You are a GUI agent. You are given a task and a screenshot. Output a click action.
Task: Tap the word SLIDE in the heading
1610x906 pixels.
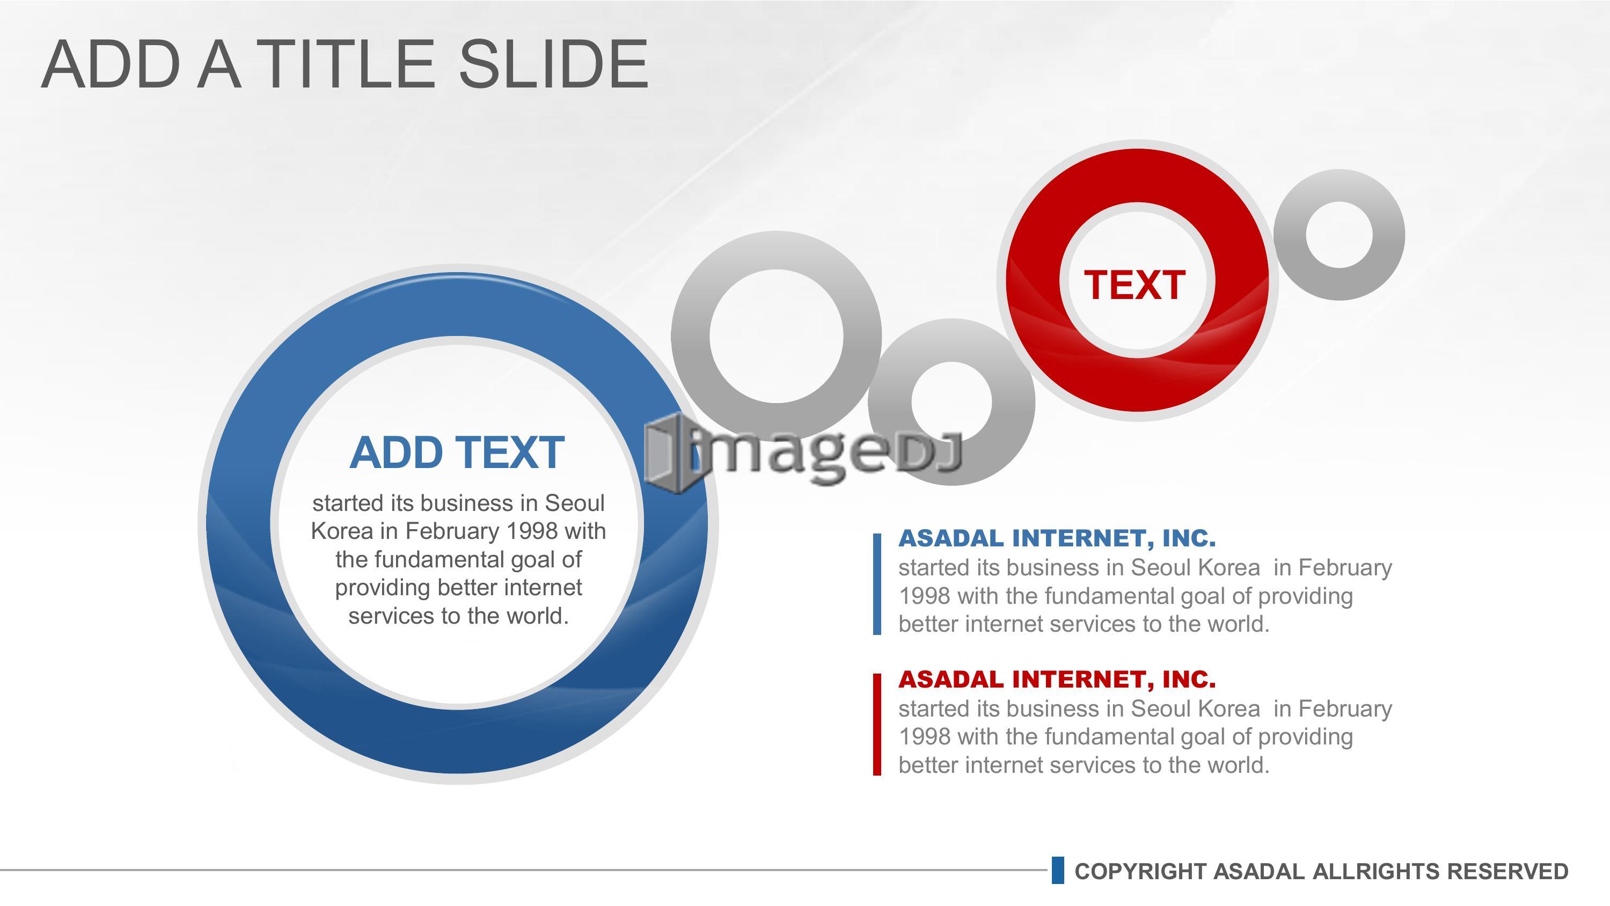pos(554,64)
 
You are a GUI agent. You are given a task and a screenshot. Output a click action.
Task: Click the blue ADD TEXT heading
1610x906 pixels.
pos(457,452)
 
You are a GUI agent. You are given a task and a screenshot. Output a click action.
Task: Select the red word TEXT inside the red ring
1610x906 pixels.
pos(1135,285)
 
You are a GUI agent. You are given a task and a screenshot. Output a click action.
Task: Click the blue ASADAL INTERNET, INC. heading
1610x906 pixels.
pos(1057,538)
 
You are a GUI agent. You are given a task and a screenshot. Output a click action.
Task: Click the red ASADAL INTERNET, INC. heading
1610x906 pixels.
pos(1057,678)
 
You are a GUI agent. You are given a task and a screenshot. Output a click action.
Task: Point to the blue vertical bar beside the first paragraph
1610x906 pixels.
pos(877,584)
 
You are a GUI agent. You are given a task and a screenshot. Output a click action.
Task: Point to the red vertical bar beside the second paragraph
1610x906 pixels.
pos(877,725)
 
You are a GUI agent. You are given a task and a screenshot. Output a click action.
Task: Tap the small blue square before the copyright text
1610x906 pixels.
pos(1057,871)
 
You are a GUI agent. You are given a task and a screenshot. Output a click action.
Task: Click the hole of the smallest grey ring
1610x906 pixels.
pos(1339,235)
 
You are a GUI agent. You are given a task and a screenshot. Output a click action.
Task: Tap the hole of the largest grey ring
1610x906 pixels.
pos(776,337)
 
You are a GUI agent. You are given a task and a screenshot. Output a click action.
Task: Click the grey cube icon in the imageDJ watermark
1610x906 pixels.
pos(668,454)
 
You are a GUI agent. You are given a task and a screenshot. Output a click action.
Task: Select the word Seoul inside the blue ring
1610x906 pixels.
pos(574,503)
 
